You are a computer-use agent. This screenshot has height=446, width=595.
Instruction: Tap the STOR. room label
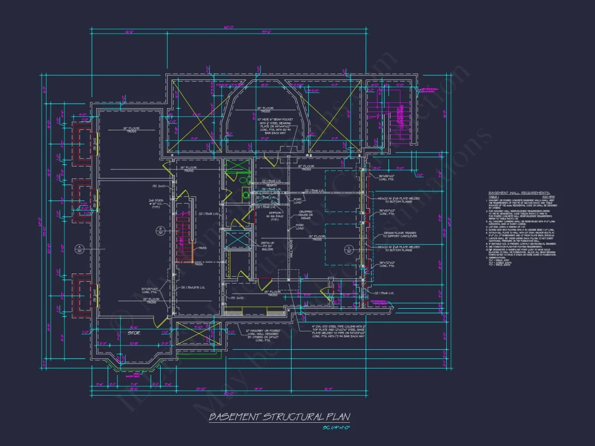(x=134, y=333)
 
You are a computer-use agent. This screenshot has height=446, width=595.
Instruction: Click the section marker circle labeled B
(x=160, y=231)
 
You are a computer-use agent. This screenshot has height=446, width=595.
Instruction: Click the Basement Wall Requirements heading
(x=519, y=192)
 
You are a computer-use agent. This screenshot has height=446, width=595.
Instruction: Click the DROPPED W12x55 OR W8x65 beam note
(x=306, y=215)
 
